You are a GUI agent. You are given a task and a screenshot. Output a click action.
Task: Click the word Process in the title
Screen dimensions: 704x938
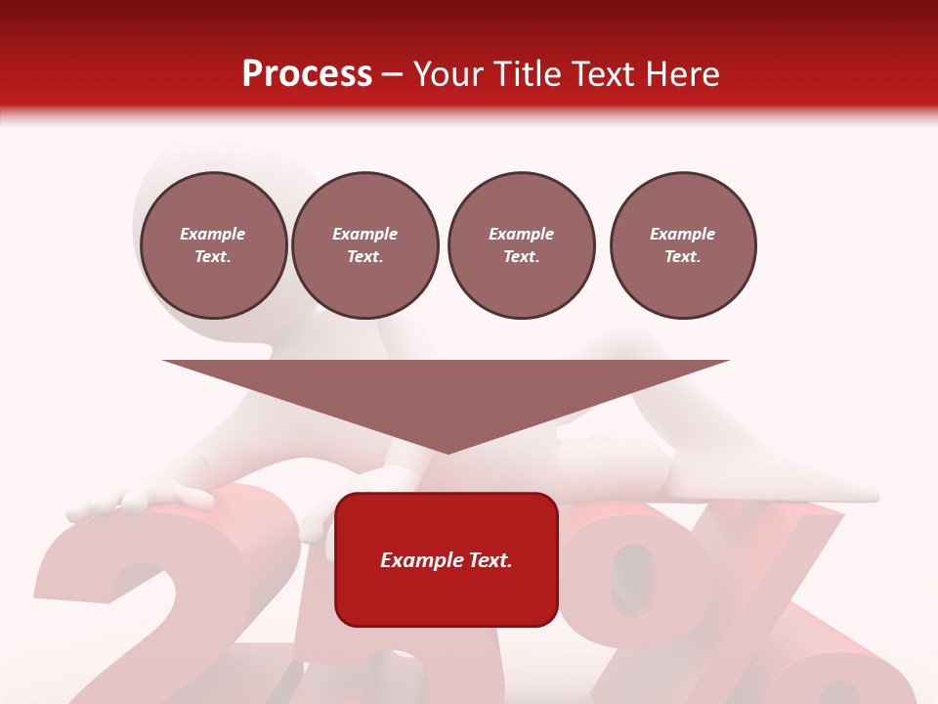pos(307,74)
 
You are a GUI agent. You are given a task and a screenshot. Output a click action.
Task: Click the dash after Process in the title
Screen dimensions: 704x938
pos(393,75)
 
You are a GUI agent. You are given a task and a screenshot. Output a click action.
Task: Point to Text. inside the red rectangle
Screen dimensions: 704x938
pos(490,560)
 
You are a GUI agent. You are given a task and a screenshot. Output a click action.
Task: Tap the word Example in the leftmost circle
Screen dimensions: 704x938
pos(213,234)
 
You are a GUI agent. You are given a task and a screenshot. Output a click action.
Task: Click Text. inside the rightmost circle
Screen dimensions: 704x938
pos(683,256)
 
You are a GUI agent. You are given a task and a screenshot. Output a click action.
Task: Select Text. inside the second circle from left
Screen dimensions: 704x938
pos(365,256)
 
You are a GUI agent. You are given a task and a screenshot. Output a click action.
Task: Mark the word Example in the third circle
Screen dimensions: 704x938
pos(522,234)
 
